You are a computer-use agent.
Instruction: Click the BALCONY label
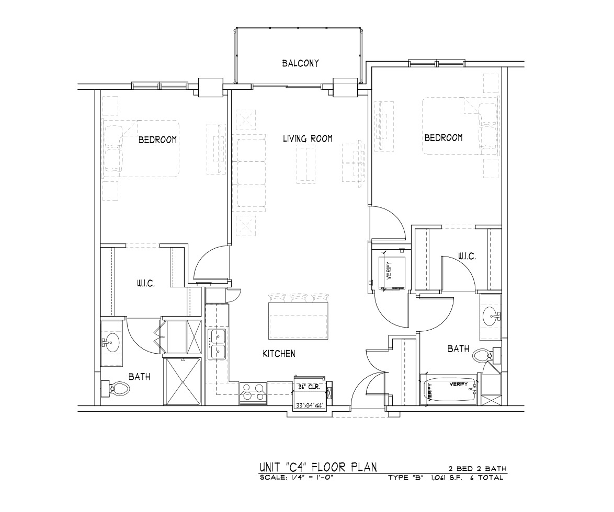pos(300,63)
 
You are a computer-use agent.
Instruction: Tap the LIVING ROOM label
pos(308,138)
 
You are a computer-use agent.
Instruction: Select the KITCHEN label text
pos(279,354)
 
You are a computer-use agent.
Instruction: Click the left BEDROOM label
pos(157,139)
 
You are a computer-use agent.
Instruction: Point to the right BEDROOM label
pos(444,138)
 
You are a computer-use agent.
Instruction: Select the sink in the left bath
pos(111,342)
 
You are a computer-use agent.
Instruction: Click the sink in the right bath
pos(491,315)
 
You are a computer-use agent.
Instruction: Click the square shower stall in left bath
pos(183,381)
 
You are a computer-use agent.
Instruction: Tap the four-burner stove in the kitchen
pos(253,393)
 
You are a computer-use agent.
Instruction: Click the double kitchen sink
pos(217,344)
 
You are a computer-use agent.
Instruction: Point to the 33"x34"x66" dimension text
pos(310,405)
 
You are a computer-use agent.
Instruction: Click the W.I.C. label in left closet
pos(146,284)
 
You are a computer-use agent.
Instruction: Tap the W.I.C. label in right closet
pos(467,257)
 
